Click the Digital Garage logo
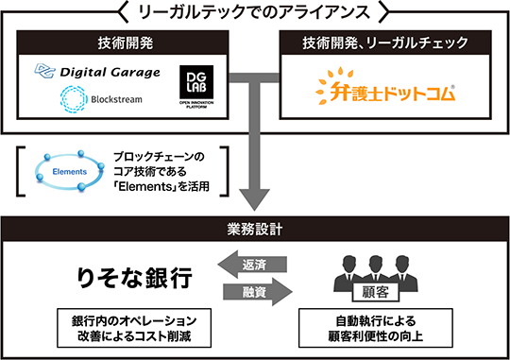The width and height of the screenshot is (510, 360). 97,71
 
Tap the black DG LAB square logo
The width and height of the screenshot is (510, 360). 196,82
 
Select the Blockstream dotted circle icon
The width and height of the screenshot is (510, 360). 74,99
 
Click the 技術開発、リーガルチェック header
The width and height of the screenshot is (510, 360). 385,43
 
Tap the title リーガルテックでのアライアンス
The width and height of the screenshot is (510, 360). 254,12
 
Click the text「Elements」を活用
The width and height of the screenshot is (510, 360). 161,186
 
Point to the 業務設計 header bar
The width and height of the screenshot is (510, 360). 255,229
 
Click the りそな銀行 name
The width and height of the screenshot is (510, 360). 134,278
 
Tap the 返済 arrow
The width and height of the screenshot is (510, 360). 252,265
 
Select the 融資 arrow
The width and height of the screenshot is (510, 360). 258,292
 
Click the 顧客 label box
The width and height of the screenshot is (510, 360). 376,292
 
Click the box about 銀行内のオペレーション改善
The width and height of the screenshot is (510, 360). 134,328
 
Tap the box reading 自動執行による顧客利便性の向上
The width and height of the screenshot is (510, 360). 376,328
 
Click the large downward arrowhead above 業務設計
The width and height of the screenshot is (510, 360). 255,199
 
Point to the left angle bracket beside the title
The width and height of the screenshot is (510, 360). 123,12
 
